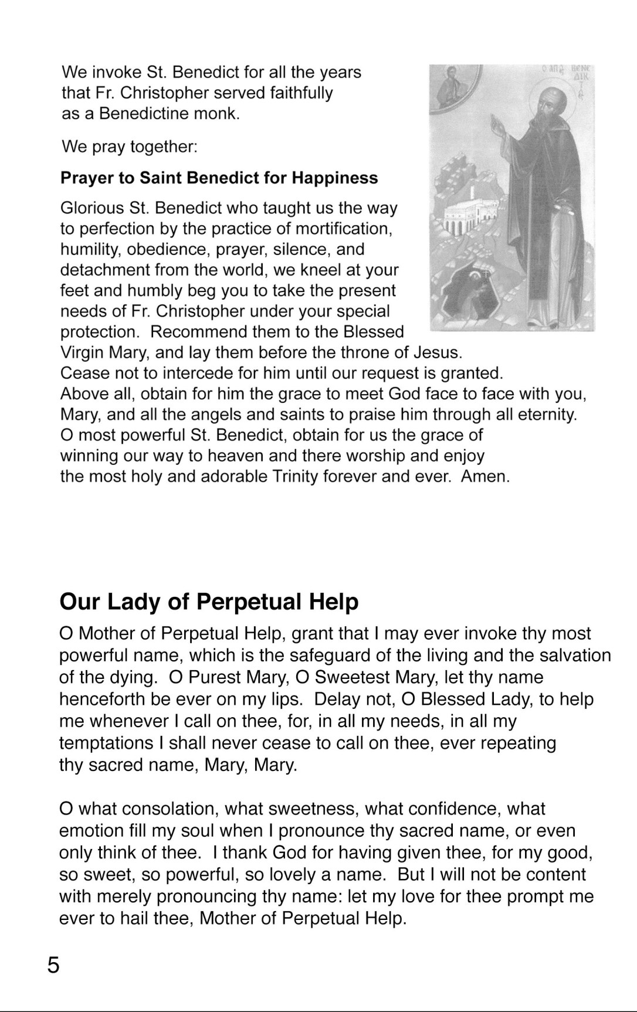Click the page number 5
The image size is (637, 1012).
pyautogui.click(x=53, y=965)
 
